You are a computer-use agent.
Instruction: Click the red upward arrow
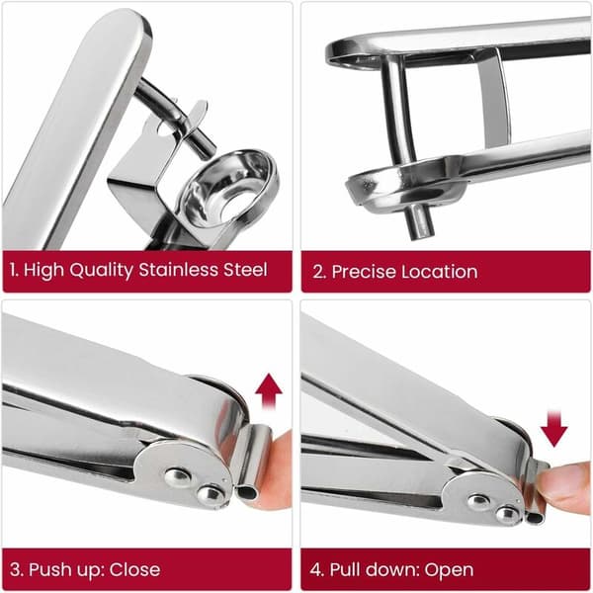pyautogui.click(x=269, y=391)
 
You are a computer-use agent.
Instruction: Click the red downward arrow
pyautogui.click(x=553, y=429)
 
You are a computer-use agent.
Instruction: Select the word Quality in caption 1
pyautogui.click(x=101, y=271)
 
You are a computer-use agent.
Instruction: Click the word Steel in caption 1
pyautogui.click(x=245, y=270)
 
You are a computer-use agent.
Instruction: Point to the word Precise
pyautogui.click(x=363, y=272)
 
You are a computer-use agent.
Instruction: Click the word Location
pyautogui.click(x=439, y=272)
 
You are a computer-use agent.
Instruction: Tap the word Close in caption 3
pyautogui.click(x=134, y=569)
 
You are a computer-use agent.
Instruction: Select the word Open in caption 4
pyautogui.click(x=449, y=570)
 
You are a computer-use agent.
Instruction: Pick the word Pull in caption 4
pyautogui.click(x=345, y=569)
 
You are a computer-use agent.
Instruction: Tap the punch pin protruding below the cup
pyautogui.click(x=419, y=223)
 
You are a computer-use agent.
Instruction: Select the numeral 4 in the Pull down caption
pyautogui.click(x=315, y=570)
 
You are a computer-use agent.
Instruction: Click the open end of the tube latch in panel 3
pyautogui.click(x=247, y=493)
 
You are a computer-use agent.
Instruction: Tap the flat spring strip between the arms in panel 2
pyautogui.click(x=493, y=99)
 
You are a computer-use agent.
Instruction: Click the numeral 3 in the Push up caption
pyautogui.click(x=16, y=570)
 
